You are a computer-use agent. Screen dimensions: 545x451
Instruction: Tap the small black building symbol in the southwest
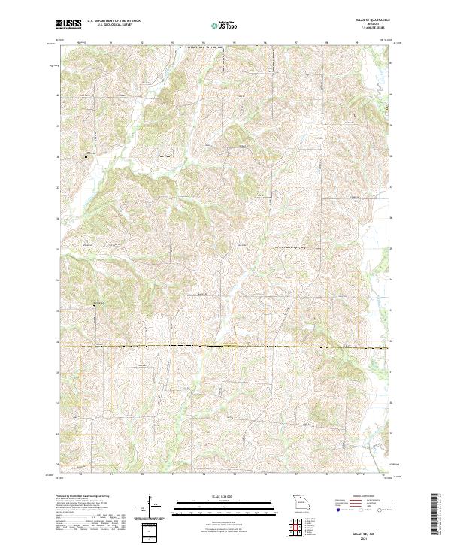pyautogui.click(x=94, y=305)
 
